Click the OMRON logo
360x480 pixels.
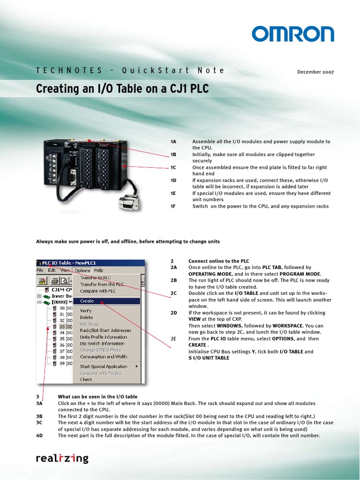click(x=292, y=34)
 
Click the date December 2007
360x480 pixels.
click(x=315, y=72)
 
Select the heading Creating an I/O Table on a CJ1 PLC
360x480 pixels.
click(x=122, y=89)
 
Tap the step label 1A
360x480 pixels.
click(x=173, y=142)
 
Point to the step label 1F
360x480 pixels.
click(x=173, y=206)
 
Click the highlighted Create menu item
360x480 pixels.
click(x=87, y=301)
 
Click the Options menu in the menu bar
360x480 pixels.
click(x=82, y=270)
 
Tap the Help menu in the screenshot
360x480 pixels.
click(x=98, y=270)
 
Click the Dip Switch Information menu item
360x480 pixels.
click(x=102, y=343)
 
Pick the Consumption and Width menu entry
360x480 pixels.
click(x=103, y=356)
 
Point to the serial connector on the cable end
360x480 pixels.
click(x=127, y=202)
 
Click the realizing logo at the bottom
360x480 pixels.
click(x=62, y=458)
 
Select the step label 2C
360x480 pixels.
click(x=173, y=293)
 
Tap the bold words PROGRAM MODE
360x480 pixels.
click(x=300, y=274)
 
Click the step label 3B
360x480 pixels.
click(x=39, y=416)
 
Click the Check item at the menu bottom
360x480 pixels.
click(x=86, y=380)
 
